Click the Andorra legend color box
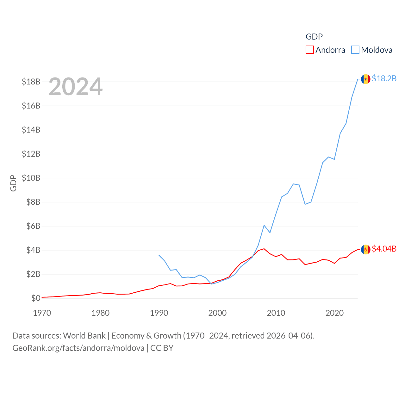pos(309,50)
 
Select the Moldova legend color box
pos(355,50)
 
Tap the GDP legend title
pos(314,37)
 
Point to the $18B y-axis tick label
pos(31,82)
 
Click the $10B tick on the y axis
pos(31,178)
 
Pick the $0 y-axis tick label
pos(36,298)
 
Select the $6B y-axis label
pos(33,226)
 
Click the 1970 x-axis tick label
pos(42,313)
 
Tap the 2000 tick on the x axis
pos(217,313)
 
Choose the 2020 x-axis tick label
pos(334,313)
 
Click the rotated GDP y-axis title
pos(13,183)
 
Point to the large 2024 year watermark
pos(75,86)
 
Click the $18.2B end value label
pos(384,78)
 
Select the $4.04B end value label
pos(384,249)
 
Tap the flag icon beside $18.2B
pos(366,79)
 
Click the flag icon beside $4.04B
pos(366,249)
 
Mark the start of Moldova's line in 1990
pos(159,255)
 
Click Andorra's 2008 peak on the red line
pos(264,249)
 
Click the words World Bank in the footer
pos(84,335)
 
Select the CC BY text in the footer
pos(162,348)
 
